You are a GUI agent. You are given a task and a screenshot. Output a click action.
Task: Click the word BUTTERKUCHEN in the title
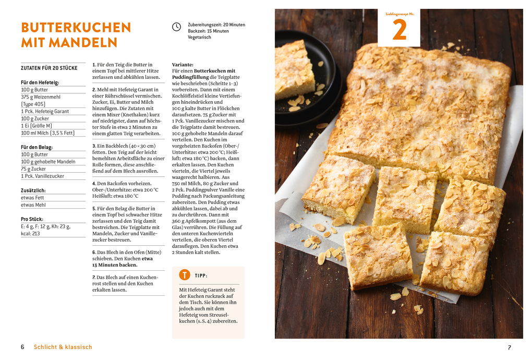tap(76, 27)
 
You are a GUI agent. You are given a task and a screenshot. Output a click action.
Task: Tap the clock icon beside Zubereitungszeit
tap(177, 27)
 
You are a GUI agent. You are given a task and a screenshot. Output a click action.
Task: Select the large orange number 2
tap(399, 31)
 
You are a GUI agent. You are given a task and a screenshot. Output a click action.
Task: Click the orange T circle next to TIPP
tap(185, 275)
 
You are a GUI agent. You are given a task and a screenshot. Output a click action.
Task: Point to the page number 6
tap(22, 347)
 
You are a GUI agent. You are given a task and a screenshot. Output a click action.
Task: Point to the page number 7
tap(509, 347)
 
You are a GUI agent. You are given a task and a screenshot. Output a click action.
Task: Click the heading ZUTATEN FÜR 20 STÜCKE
tap(49, 68)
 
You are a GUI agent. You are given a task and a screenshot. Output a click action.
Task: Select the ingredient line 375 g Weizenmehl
tap(41, 97)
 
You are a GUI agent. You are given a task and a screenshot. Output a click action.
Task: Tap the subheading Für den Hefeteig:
tap(40, 82)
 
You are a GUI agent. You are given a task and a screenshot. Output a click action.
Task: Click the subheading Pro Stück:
tap(32, 219)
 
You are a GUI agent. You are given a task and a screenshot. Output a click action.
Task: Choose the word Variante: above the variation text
tap(183, 64)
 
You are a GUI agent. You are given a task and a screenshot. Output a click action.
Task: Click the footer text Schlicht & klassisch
tap(63, 347)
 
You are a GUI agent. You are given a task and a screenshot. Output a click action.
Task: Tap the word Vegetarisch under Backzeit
tap(199, 38)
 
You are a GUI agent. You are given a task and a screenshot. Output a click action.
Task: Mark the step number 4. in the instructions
tap(94, 183)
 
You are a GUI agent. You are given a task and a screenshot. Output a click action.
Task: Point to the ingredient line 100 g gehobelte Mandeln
tap(48, 162)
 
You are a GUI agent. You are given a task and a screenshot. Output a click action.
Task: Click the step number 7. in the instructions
tap(94, 277)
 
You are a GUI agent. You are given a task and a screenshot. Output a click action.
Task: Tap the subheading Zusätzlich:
tap(33, 190)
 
